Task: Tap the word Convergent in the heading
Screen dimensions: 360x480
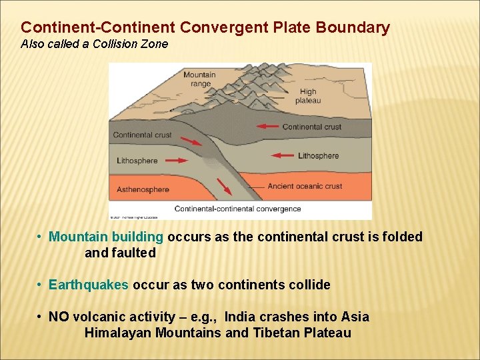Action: (x=228, y=28)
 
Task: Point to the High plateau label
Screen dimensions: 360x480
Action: (x=308, y=97)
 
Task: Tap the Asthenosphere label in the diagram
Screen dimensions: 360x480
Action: (x=143, y=189)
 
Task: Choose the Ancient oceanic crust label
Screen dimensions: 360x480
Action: (x=305, y=186)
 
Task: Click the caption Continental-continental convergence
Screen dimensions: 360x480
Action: (x=238, y=209)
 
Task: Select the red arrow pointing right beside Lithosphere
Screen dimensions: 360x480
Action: (x=176, y=160)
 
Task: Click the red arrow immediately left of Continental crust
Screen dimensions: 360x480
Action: (x=268, y=126)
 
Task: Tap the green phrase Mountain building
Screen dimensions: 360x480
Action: (x=106, y=237)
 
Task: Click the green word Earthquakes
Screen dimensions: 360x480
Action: (x=89, y=285)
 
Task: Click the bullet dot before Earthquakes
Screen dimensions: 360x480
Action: (x=41, y=285)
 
